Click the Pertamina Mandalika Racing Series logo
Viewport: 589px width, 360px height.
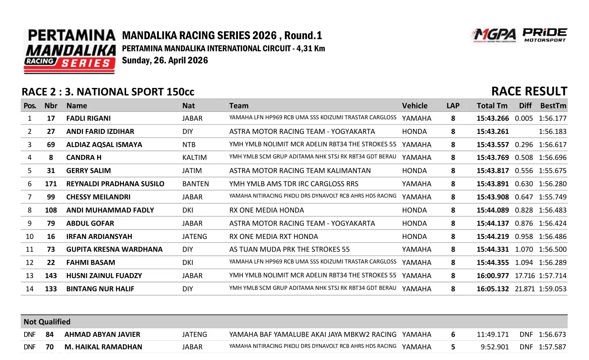pos(70,51)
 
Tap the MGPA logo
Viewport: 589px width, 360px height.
pos(494,35)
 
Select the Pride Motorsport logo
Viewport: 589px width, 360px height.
pos(545,35)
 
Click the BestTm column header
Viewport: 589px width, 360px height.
pos(553,106)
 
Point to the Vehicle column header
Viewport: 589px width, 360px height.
pos(415,106)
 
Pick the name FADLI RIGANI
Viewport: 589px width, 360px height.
pos(88,118)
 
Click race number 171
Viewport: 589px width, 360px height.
pos(51,184)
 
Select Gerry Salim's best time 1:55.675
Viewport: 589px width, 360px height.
pos(552,171)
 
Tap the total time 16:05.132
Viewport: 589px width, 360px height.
pos(492,289)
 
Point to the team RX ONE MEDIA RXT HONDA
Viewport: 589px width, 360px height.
pos(273,236)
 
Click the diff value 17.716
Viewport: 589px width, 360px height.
pos(525,276)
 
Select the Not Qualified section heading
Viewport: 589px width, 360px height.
pos(47,322)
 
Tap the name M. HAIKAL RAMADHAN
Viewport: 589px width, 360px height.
pos(103,347)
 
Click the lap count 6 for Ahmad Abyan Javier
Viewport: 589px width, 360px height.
pos(453,334)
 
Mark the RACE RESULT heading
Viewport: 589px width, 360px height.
pos(529,92)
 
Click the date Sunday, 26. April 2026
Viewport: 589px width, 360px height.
pos(165,61)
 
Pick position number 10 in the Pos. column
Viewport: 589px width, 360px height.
pos(30,236)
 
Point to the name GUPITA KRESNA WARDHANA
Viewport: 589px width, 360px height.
pos(114,249)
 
